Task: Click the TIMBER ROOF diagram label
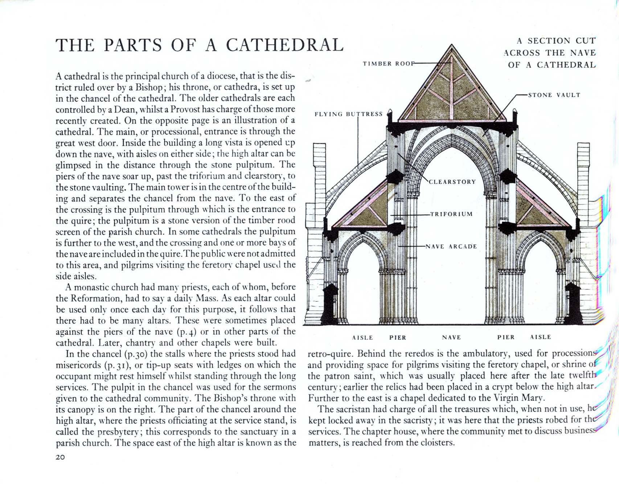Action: coord(388,64)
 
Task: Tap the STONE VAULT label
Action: coord(554,95)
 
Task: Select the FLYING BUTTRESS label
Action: coord(348,114)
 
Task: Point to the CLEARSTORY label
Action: coord(452,182)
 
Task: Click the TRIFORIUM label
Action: coord(451,214)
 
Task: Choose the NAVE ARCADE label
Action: coord(451,247)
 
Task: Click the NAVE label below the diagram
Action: coord(451,337)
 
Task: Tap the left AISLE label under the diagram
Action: coord(362,337)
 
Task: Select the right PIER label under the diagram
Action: coord(506,337)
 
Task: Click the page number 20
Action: coord(60,457)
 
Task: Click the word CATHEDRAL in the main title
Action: coord(284,45)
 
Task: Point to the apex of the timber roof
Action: coord(452,45)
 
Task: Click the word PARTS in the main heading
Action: coord(133,45)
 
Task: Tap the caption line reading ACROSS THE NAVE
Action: coord(550,53)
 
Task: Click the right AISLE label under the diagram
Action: coord(541,337)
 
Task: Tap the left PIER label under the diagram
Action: coord(398,337)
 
